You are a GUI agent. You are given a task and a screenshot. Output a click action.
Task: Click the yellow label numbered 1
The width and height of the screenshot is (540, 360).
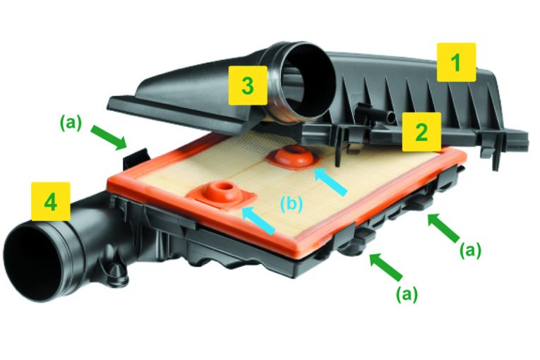pyautogui.click(x=456, y=62)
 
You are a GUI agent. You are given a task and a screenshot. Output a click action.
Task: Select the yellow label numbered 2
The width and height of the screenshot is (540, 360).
pyautogui.click(x=422, y=131)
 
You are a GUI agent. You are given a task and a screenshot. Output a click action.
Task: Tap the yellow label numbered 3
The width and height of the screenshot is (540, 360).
pyautogui.click(x=248, y=85)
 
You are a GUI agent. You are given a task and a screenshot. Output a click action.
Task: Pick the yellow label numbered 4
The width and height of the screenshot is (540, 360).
pyautogui.click(x=51, y=202)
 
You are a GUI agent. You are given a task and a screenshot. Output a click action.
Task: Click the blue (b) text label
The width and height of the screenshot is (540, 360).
pyautogui.click(x=292, y=204)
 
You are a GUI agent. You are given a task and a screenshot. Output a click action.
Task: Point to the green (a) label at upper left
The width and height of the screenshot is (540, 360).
pyautogui.click(x=71, y=123)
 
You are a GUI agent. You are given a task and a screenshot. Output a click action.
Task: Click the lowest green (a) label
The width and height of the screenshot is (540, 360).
pyautogui.click(x=407, y=294)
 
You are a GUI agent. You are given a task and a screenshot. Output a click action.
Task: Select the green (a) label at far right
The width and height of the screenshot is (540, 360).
pyautogui.click(x=470, y=251)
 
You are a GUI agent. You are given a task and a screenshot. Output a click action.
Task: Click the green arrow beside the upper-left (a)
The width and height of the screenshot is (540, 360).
pyautogui.click(x=109, y=137)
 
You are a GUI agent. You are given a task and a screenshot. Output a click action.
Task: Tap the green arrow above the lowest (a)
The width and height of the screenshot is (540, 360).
pyautogui.click(x=385, y=266)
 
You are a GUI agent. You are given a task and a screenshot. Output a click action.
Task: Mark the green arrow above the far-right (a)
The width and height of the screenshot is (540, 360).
pyautogui.click(x=443, y=227)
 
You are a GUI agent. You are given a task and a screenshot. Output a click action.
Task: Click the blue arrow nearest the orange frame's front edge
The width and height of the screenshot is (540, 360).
pyautogui.click(x=259, y=220)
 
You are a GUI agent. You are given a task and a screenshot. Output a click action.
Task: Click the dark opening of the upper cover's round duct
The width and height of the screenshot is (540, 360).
pyautogui.click(x=309, y=81)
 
